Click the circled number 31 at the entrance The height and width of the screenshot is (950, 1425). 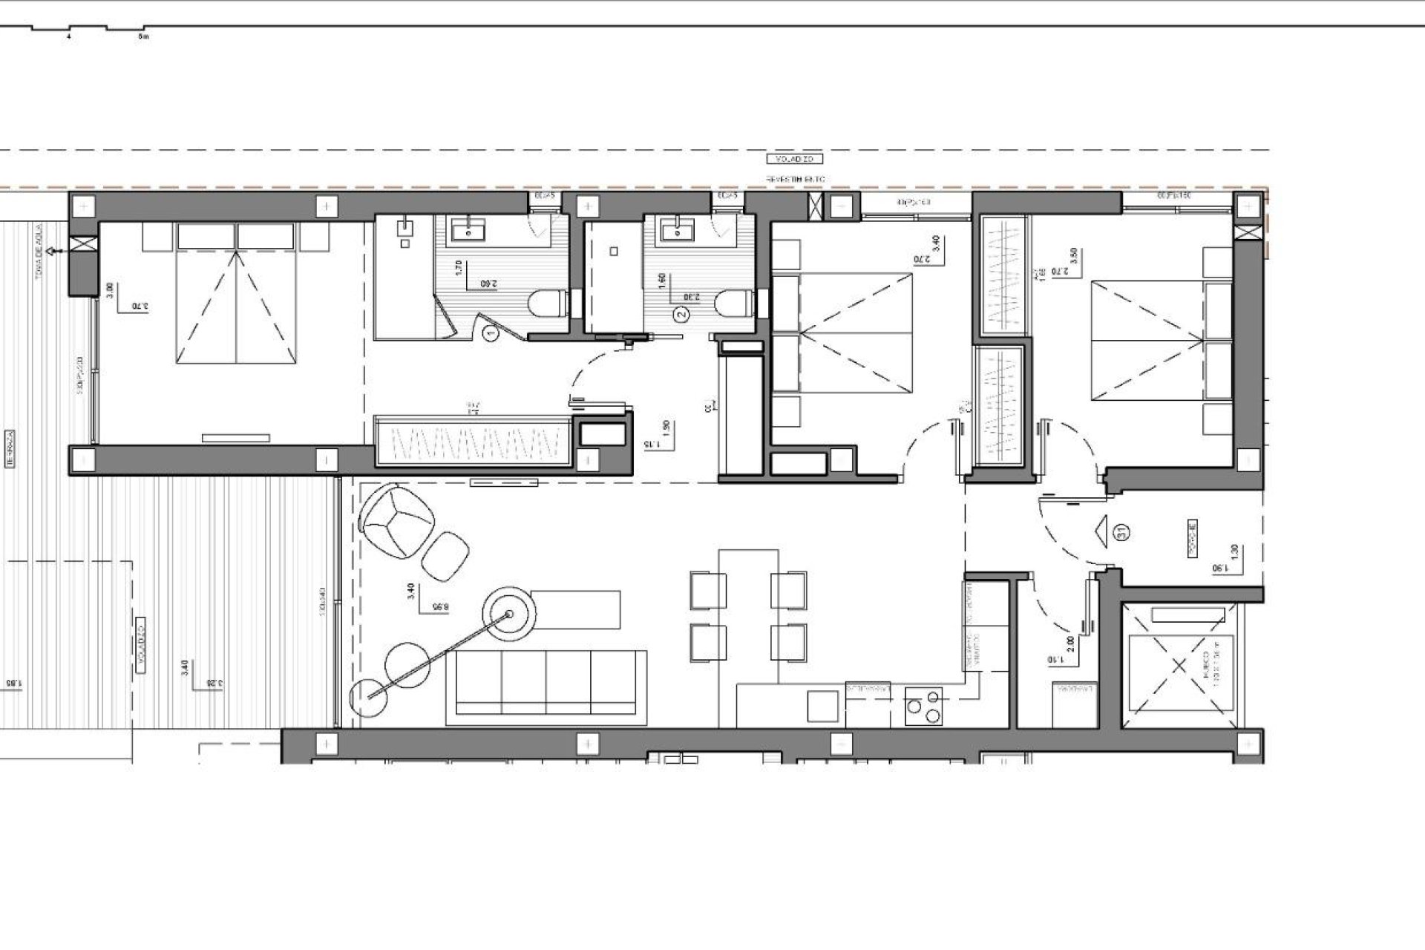click(1121, 531)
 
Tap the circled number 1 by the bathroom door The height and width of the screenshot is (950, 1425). click(490, 335)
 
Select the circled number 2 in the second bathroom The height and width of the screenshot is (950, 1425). click(682, 315)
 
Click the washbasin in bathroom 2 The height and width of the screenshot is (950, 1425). click(676, 231)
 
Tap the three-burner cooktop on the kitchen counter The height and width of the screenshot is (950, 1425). click(924, 706)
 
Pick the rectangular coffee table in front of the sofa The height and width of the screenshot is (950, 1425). click(577, 609)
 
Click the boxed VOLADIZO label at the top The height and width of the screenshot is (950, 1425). click(795, 159)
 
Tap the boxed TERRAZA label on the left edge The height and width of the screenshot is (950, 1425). click(11, 448)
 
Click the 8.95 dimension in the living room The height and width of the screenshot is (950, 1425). click(441, 606)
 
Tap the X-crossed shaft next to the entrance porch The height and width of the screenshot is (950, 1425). click(1179, 665)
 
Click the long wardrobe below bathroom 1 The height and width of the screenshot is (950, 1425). click(473, 442)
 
